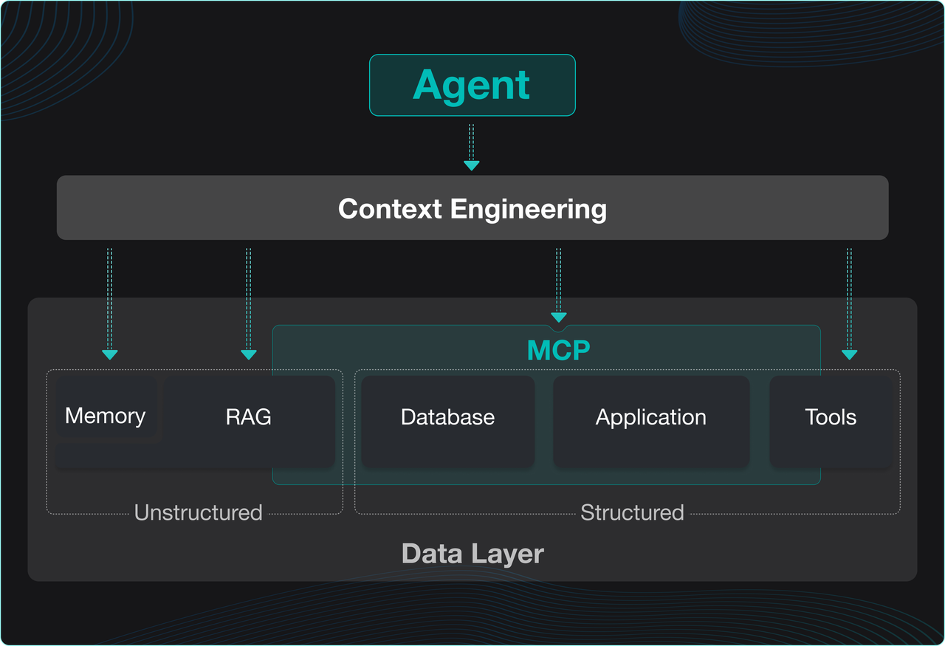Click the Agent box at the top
click(x=472, y=85)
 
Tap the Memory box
click(x=105, y=416)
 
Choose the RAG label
click(x=249, y=417)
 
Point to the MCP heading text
click(x=558, y=350)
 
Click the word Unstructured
click(x=198, y=512)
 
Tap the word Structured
click(x=632, y=512)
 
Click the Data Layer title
click(x=472, y=554)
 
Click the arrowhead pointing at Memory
click(x=109, y=354)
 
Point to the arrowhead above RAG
click(x=249, y=354)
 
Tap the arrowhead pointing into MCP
click(x=558, y=317)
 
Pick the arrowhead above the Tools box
click(x=849, y=354)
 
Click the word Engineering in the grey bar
click(x=529, y=209)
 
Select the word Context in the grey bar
click(x=391, y=209)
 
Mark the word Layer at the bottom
click(x=509, y=554)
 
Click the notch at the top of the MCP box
click(x=558, y=327)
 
